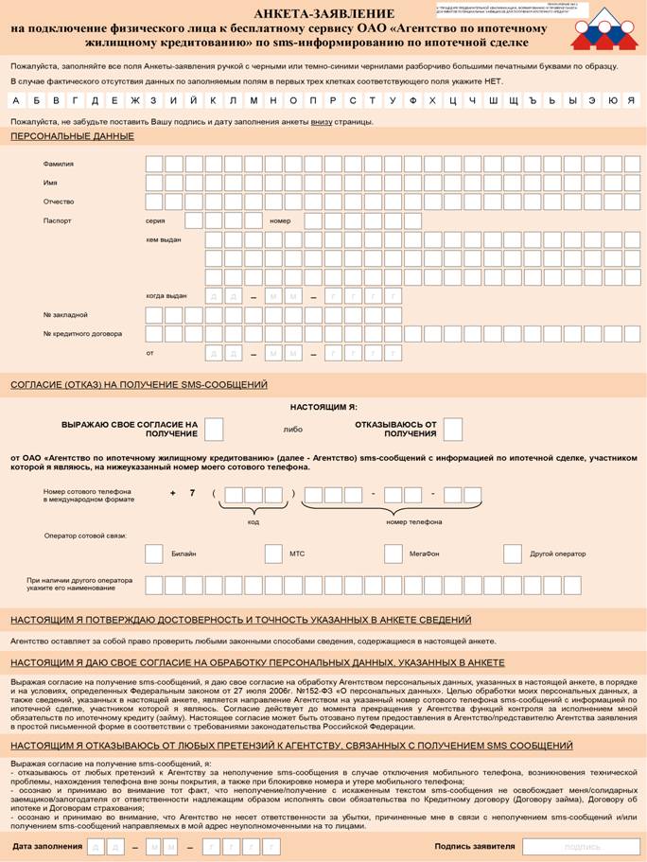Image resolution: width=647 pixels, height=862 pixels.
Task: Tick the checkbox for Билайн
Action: [154, 554]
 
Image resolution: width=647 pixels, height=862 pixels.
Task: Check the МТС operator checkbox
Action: [273, 554]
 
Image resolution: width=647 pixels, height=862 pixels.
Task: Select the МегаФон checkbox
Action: [393, 554]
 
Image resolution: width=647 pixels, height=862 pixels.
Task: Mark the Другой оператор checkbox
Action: [512, 554]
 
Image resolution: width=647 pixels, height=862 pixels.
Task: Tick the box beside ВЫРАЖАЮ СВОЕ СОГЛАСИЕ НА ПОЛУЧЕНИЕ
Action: [214, 429]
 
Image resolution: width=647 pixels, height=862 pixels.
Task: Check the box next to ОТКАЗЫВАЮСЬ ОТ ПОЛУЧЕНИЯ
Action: [452, 429]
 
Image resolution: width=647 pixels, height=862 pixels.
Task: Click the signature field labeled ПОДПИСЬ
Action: [581, 846]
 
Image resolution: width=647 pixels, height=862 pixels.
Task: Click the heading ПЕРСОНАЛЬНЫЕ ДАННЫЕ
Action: [72, 136]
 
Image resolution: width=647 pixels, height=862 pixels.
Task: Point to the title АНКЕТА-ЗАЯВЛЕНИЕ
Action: [323, 13]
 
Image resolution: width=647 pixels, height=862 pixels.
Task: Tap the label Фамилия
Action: [59, 164]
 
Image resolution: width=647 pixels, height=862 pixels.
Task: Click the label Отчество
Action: [59, 202]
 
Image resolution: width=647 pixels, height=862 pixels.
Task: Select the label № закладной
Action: [65, 314]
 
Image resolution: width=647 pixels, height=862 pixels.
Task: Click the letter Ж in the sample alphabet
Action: [135, 100]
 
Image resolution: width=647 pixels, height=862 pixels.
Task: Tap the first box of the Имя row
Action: [154, 183]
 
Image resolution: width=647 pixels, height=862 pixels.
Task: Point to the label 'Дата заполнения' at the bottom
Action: [47, 846]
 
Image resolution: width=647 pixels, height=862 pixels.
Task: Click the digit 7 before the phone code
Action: [192, 493]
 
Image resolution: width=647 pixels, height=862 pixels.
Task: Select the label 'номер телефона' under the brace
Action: [413, 521]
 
